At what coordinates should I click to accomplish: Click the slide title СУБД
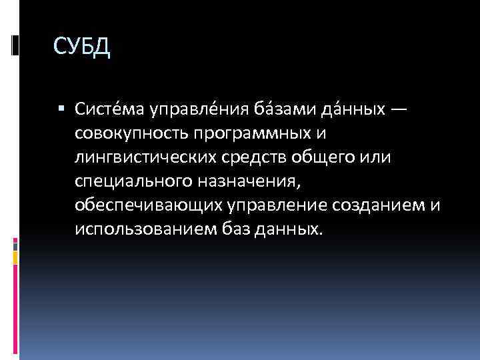[81, 48]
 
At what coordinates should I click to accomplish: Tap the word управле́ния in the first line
[193, 109]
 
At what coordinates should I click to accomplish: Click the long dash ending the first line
[396, 109]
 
